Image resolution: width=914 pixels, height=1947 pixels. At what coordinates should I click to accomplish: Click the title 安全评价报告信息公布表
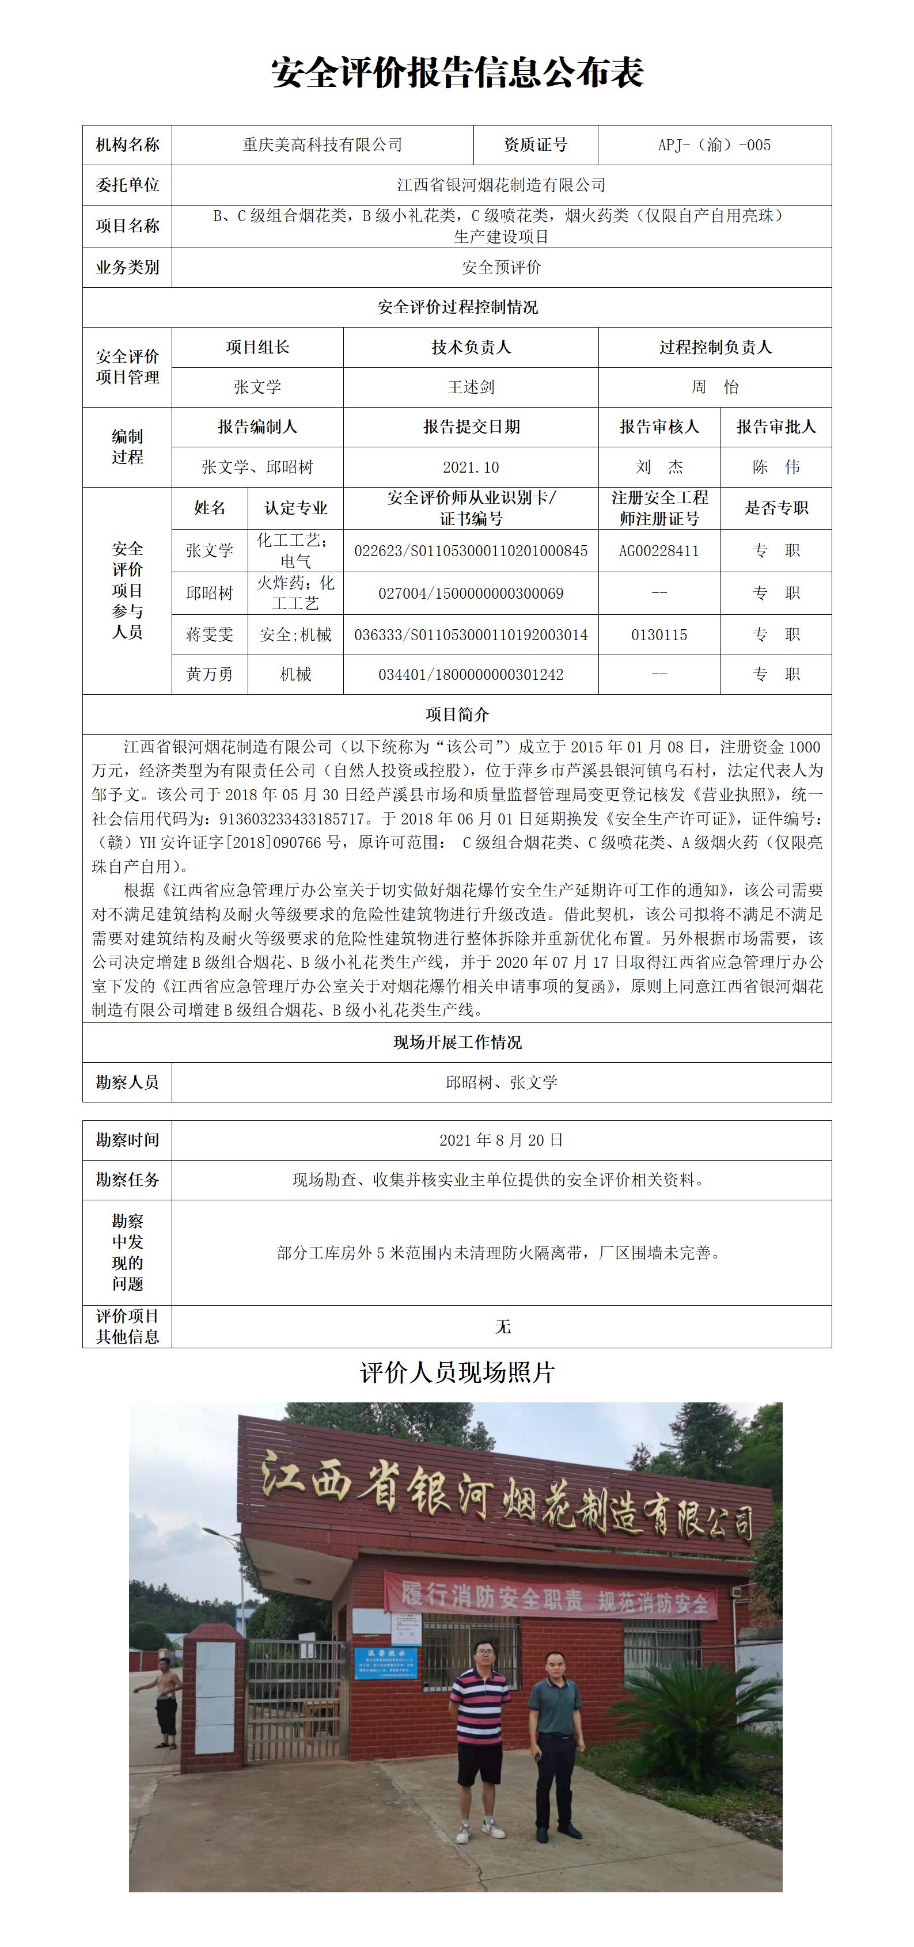click(x=457, y=73)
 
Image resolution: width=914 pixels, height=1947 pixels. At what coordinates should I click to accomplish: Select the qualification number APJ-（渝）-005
click(x=714, y=145)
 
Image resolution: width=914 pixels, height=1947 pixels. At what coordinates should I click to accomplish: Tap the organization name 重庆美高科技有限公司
click(x=322, y=145)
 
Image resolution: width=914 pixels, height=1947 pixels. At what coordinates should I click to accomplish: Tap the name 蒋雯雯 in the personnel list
click(x=210, y=635)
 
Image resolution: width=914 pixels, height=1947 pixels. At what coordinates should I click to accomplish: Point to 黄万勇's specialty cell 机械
click(x=295, y=675)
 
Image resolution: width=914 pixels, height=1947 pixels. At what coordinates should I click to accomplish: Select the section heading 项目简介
click(x=457, y=715)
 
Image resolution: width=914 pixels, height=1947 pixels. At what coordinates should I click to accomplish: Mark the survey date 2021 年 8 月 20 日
click(x=501, y=1140)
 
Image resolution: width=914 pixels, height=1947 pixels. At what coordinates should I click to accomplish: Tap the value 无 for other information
click(x=502, y=1327)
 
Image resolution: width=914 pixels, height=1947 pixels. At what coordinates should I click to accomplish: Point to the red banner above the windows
click(x=551, y=1596)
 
